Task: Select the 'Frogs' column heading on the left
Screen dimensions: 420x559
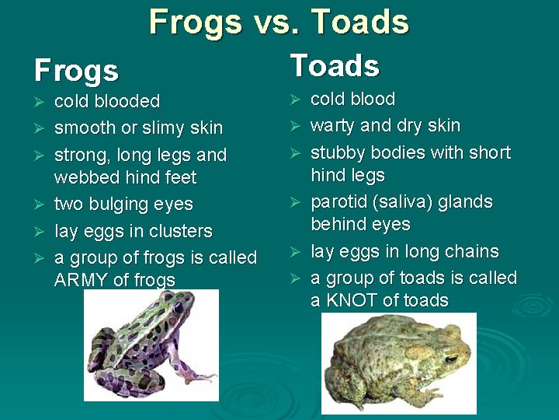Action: (x=76, y=71)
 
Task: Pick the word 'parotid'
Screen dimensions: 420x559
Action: (x=341, y=201)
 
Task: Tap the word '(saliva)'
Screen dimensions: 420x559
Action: (x=408, y=201)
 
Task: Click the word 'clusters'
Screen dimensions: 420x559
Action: (x=182, y=231)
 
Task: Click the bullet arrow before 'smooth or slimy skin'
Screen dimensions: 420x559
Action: (x=40, y=128)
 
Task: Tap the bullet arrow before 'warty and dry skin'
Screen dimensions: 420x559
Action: (x=295, y=125)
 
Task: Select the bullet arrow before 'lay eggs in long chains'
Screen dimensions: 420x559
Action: (x=295, y=251)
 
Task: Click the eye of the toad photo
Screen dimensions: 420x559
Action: (x=451, y=359)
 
